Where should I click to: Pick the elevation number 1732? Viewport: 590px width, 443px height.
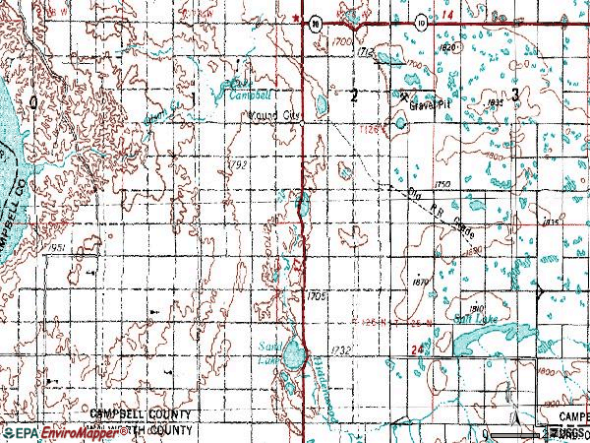[341, 349]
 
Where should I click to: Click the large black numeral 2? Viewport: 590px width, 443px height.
[353, 95]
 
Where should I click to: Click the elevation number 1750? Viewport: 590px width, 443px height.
[442, 185]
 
